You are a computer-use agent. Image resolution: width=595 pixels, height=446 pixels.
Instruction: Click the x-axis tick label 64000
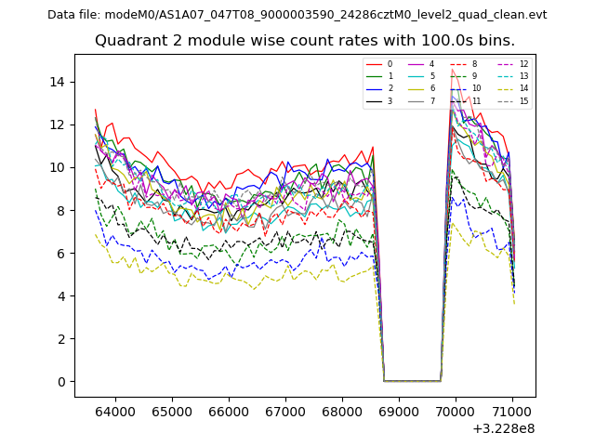click(115, 410)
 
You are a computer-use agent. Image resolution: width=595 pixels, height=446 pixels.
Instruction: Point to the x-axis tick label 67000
click(285, 410)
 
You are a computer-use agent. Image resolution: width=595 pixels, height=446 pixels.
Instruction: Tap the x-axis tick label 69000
click(399, 410)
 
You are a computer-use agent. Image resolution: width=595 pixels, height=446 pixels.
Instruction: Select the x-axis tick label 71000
click(512, 410)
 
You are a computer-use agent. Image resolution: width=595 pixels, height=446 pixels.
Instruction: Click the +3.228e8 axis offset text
click(503, 428)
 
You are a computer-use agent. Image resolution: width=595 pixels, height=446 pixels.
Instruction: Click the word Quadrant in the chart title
click(128, 41)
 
